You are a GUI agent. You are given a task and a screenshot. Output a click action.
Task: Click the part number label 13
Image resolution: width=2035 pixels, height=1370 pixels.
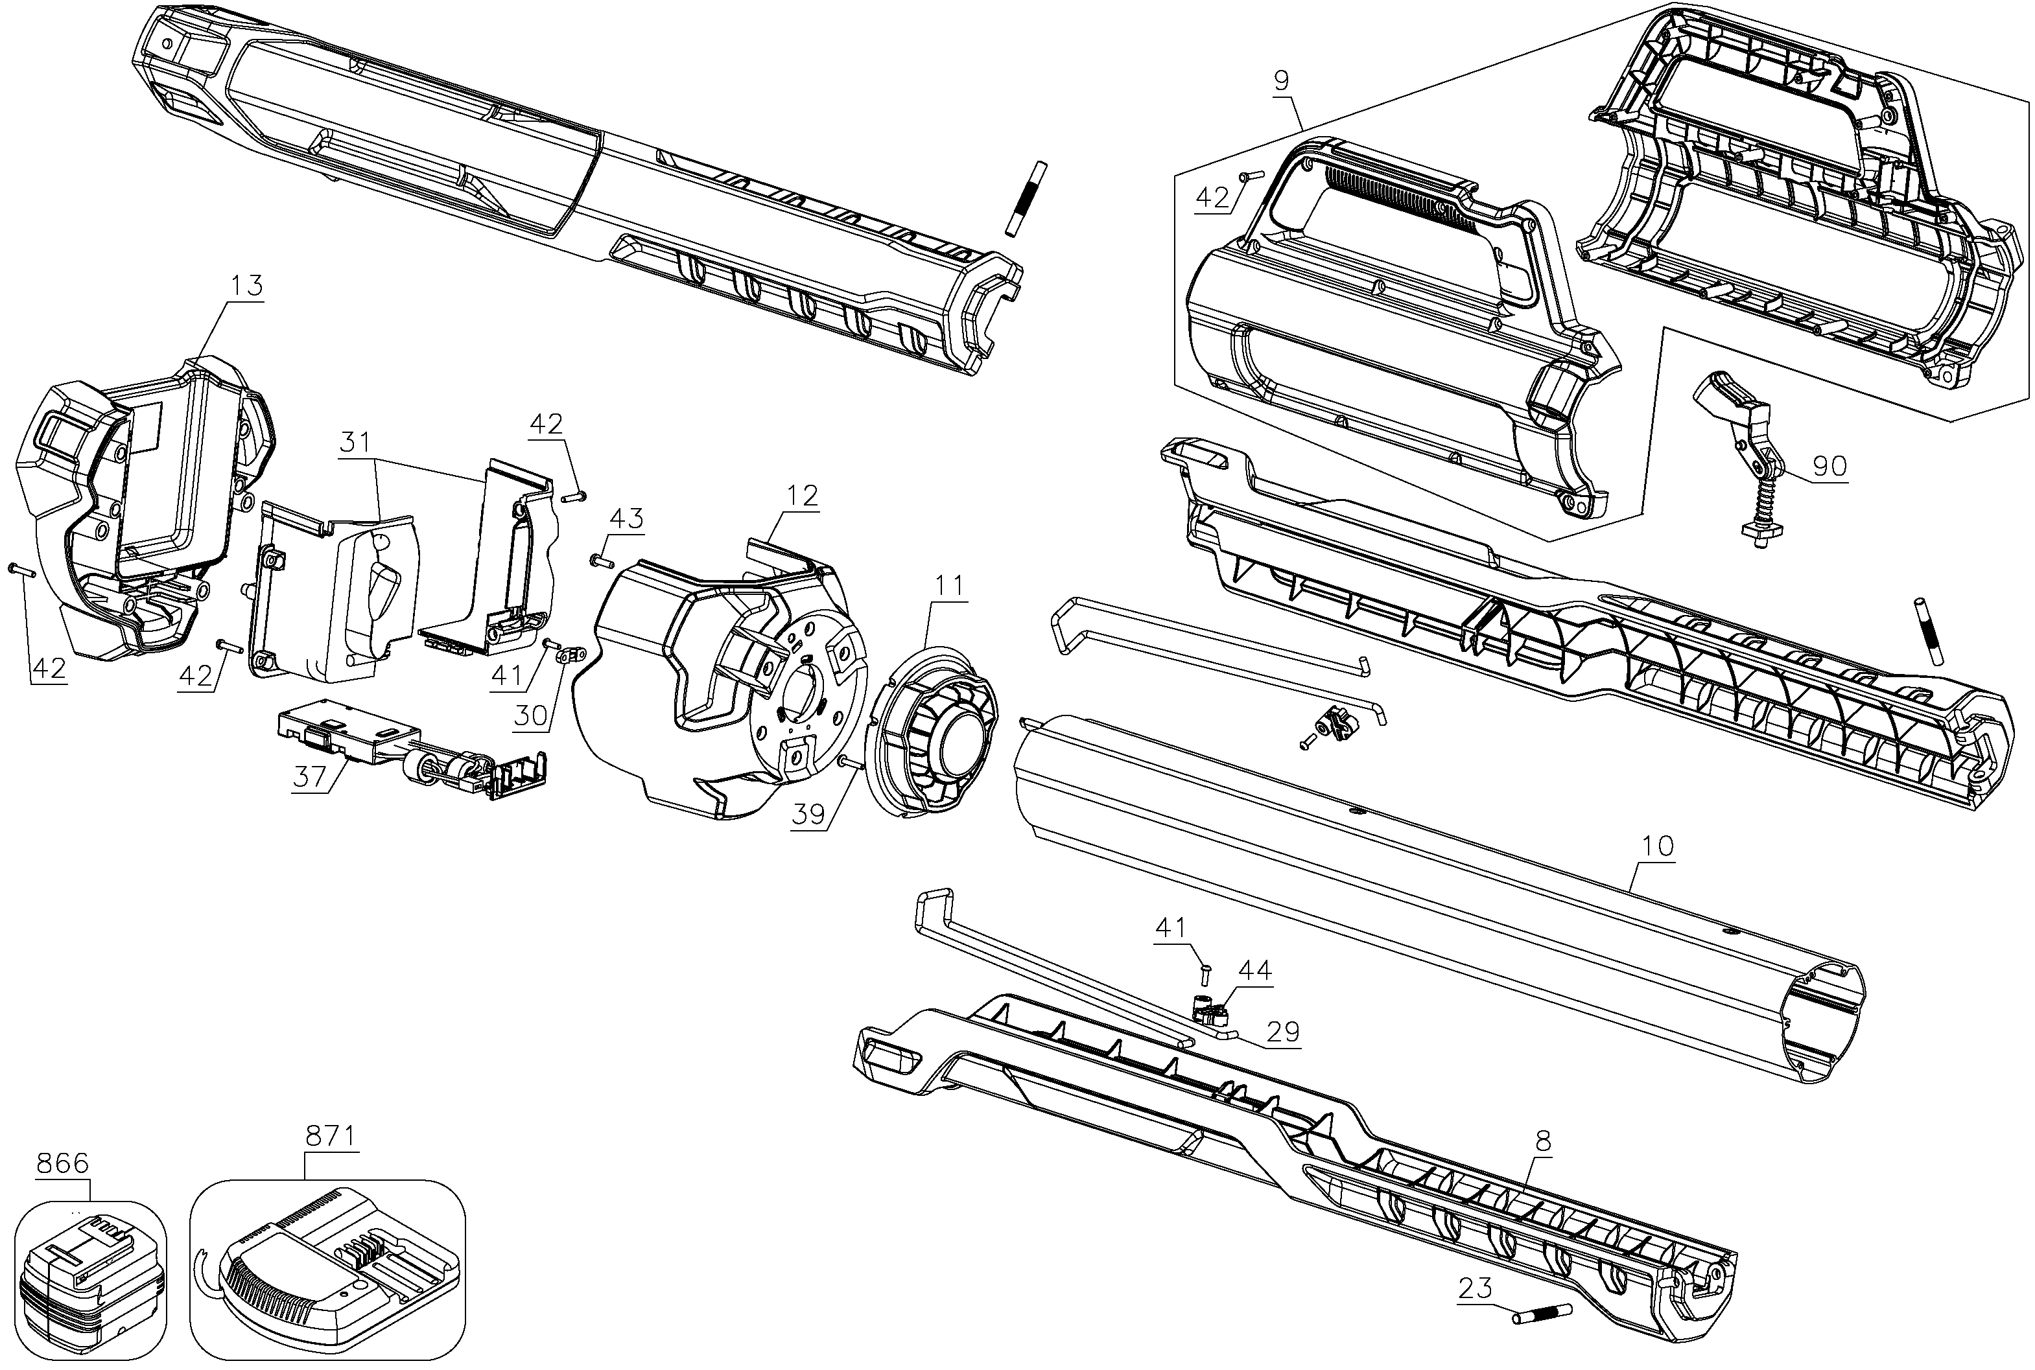click(x=247, y=286)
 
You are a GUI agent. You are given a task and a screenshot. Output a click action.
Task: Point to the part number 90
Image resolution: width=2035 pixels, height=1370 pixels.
click(x=1829, y=467)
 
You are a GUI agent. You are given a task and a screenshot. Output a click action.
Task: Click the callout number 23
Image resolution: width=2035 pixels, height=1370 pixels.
click(x=1475, y=1288)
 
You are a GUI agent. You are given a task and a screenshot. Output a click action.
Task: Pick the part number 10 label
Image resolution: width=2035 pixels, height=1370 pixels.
click(x=1658, y=846)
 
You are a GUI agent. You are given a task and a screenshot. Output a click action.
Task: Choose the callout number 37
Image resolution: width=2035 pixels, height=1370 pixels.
click(x=309, y=776)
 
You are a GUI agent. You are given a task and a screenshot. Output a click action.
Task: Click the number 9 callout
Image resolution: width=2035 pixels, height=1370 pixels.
click(x=1281, y=80)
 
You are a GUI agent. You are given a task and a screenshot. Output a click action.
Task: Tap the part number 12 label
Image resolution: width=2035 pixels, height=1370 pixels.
click(x=802, y=495)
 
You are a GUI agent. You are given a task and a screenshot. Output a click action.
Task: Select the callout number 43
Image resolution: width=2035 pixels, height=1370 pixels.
click(x=626, y=518)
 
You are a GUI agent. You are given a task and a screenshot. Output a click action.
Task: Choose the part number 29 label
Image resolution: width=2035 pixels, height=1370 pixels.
click(x=1283, y=1032)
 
